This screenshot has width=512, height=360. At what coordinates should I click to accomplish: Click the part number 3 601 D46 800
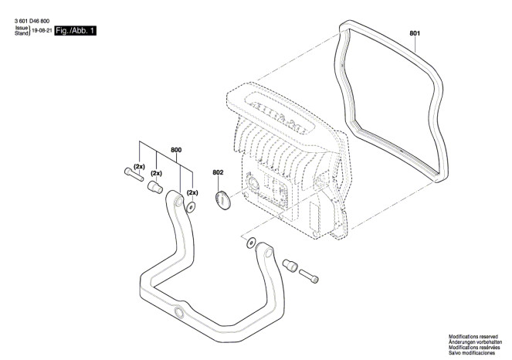click(32, 21)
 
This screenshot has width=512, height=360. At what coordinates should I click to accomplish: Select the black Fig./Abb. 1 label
click(75, 31)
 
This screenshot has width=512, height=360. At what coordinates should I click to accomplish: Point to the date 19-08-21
click(42, 31)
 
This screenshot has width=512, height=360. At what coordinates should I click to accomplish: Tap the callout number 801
click(415, 33)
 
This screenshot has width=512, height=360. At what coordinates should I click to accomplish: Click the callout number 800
click(176, 150)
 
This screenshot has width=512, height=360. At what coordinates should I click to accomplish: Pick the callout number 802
click(218, 172)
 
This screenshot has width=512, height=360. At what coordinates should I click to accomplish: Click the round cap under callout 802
click(222, 200)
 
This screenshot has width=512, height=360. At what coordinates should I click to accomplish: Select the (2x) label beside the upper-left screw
click(139, 167)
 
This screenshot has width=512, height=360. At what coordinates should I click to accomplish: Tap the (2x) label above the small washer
click(192, 192)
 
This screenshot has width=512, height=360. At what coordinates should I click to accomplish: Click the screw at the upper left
click(134, 175)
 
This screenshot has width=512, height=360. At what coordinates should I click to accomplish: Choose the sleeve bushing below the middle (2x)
click(155, 187)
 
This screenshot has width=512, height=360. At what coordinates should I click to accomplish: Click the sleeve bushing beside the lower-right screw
click(290, 265)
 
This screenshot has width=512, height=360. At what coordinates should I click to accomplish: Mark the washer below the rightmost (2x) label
click(191, 207)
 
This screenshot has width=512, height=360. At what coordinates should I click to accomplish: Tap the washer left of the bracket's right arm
click(251, 243)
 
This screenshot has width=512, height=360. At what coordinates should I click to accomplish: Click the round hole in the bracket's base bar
click(179, 312)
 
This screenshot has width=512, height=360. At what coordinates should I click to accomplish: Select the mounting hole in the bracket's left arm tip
click(179, 202)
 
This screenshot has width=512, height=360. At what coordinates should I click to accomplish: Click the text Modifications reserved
click(473, 337)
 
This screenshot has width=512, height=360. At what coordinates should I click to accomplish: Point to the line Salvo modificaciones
click(472, 353)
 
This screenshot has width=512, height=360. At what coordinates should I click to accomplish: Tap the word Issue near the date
click(22, 28)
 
